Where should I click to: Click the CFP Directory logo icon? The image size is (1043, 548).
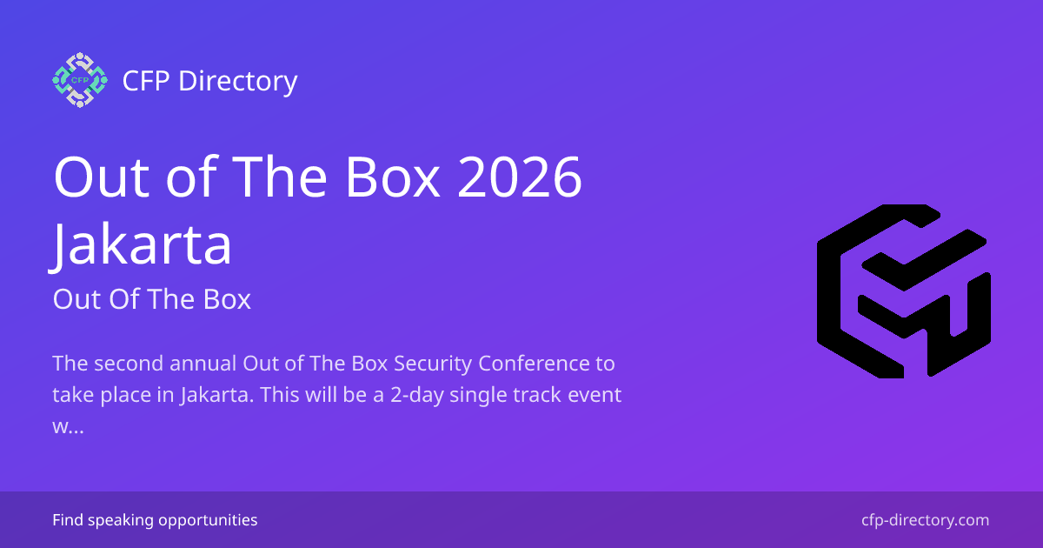tap(79, 80)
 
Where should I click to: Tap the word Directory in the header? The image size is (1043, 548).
tap(237, 81)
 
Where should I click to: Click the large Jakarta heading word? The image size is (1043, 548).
tap(143, 244)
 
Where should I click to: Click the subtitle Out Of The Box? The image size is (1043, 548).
tap(151, 299)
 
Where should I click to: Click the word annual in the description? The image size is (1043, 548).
tap(205, 363)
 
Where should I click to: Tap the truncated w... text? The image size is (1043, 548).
tap(68, 429)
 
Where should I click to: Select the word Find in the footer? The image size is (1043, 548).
tap(66, 520)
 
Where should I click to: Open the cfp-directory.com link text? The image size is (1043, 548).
tap(925, 520)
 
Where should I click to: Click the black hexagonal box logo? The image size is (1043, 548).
tap(903, 291)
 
